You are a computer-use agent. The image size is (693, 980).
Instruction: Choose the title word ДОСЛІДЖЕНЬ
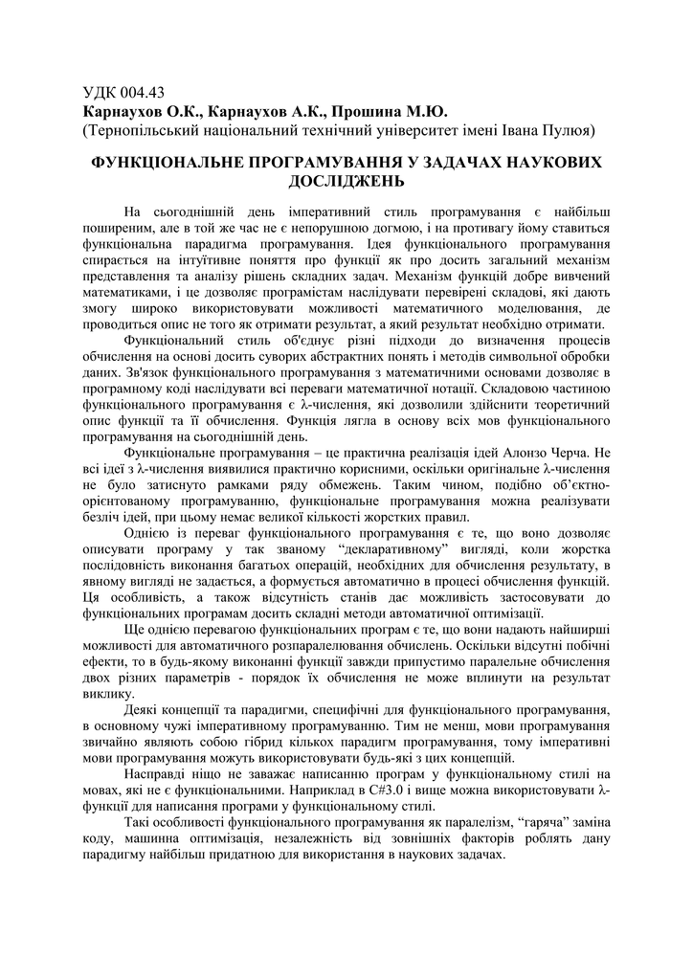tap(346, 180)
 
